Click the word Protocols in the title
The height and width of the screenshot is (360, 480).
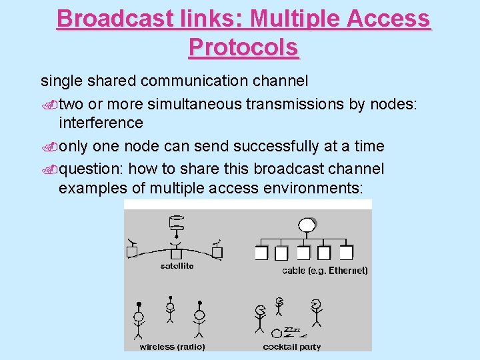243,47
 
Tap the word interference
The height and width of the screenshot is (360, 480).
101,123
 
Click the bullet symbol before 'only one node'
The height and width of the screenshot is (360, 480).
49,147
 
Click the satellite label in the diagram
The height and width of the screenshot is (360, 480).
177,266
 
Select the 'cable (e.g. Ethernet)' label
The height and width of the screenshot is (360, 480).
325,271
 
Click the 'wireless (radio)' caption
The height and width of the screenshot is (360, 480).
172,347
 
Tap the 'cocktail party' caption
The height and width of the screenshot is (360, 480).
291,347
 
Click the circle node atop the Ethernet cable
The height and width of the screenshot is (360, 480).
307,225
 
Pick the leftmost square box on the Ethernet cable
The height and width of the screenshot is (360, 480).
261,253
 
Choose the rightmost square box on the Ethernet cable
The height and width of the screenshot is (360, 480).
346,253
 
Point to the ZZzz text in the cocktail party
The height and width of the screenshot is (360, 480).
293,329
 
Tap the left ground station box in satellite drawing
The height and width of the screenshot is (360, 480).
132,252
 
